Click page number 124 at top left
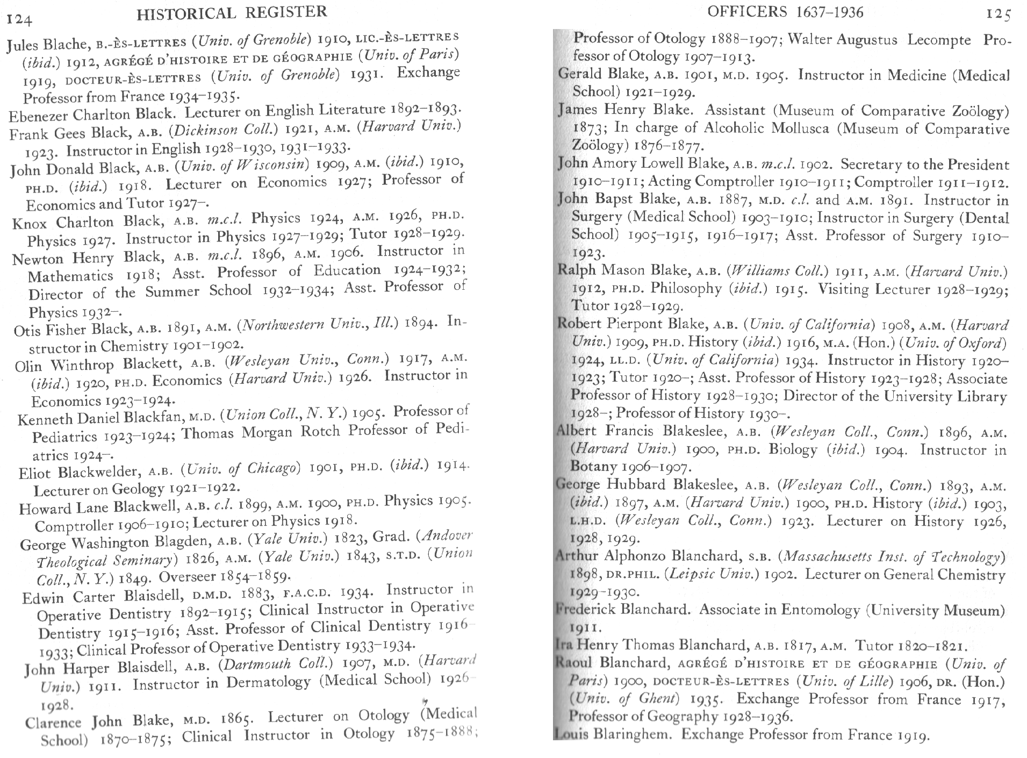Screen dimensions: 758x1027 click(x=20, y=20)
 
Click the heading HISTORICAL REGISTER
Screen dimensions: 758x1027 click(x=232, y=12)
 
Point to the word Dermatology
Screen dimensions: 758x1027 click(x=268, y=682)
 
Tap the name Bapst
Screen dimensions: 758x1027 click(x=615, y=199)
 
